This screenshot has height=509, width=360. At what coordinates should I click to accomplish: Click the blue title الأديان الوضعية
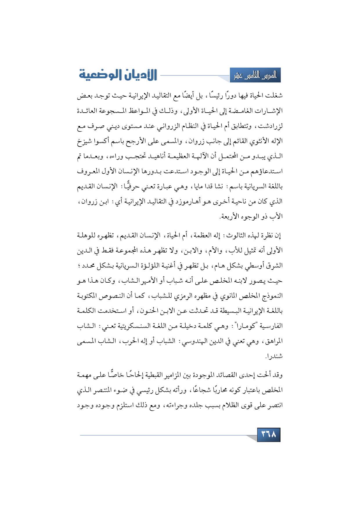tap(118, 75)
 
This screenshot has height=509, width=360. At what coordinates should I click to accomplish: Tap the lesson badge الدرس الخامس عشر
tap(255, 75)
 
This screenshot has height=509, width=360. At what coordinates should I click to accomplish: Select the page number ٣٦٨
tap(269, 434)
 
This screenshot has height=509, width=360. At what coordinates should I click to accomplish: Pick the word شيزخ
tap(84, 141)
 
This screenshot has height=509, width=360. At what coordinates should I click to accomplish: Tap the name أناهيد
tap(157, 156)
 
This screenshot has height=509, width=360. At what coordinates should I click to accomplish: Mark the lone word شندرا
tap(274, 356)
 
